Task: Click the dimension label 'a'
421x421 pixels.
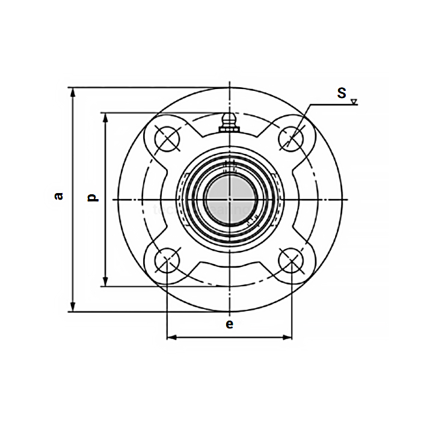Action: pos(59,195)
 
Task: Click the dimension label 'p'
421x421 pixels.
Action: pos(92,197)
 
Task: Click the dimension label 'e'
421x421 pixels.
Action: pos(229,324)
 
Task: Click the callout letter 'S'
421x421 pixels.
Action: pos(342,93)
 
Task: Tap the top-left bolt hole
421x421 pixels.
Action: pos(167,138)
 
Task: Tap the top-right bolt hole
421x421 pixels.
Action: pos(291,138)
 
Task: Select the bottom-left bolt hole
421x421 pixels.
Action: pos(167,261)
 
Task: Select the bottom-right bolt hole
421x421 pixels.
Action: pos(291,261)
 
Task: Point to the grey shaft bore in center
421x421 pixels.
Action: pos(229,198)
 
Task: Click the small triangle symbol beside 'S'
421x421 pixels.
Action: pos(354,101)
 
